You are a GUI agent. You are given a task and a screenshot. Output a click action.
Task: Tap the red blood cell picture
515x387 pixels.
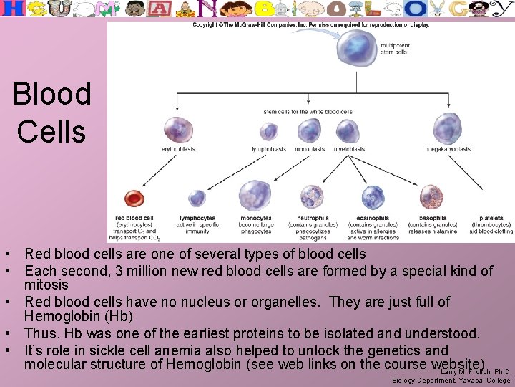click(x=133, y=199)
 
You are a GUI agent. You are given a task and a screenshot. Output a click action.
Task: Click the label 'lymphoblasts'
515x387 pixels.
click(x=269, y=149)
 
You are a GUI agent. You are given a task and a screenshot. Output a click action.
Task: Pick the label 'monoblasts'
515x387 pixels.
click(x=308, y=149)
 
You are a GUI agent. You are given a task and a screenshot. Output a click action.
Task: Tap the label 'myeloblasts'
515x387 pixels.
click(x=349, y=149)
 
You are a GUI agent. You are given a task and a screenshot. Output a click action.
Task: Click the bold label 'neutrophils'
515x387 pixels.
click(x=313, y=218)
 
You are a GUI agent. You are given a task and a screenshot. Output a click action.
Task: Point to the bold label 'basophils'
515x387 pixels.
click(x=433, y=218)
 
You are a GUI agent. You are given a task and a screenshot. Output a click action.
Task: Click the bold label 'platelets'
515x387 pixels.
click(x=491, y=218)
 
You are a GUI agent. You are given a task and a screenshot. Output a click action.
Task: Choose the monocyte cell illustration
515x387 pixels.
click(x=255, y=195)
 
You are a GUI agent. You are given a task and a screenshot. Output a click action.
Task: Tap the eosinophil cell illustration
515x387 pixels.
click(x=373, y=196)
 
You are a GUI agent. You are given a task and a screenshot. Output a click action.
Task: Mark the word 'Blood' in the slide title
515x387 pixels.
click(x=52, y=94)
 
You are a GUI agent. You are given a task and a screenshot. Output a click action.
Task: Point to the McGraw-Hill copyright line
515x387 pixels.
click(x=310, y=24)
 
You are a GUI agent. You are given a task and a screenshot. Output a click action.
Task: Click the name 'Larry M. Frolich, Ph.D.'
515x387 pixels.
click(x=475, y=372)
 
